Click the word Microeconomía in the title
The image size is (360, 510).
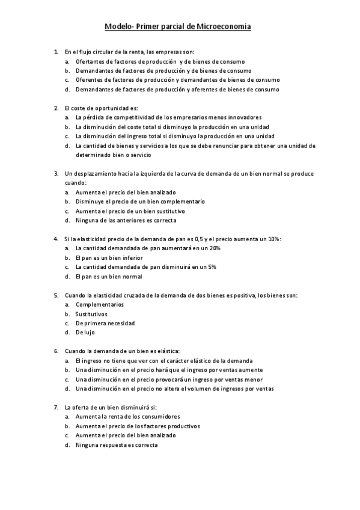(224, 26)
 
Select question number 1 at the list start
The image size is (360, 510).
(55, 52)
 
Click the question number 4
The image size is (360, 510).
(55, 238)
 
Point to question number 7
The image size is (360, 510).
(55, 407)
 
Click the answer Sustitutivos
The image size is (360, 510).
(91, 314)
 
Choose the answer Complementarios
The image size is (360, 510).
(99, 304)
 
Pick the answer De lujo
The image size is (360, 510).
(85, 333)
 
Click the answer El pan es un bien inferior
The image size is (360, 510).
(109, 257)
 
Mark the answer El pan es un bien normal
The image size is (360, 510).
(109, 276)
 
